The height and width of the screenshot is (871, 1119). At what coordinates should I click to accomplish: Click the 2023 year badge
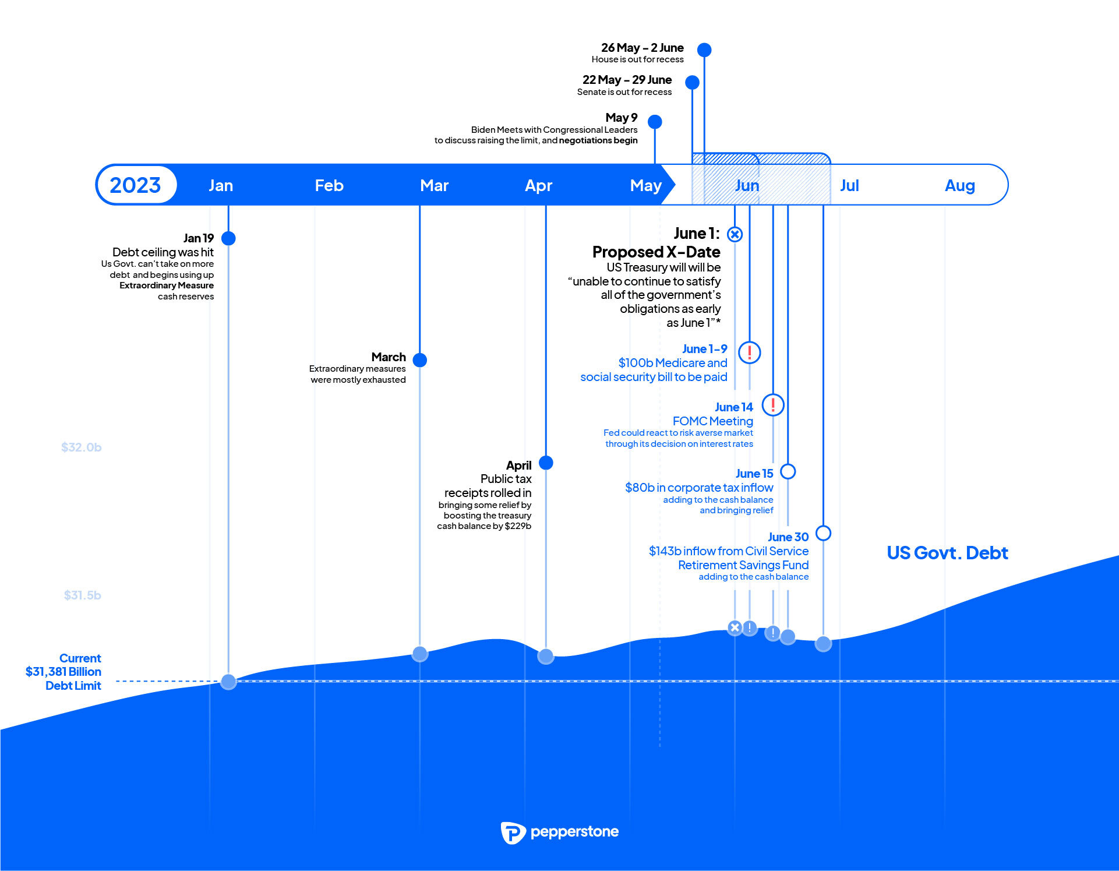tap(136, 185)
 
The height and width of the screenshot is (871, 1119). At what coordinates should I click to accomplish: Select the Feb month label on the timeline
tap(329, 185)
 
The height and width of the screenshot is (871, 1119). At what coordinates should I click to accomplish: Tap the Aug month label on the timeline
tap(960, 186)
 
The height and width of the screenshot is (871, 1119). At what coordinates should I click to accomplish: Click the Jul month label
tap(849, 185)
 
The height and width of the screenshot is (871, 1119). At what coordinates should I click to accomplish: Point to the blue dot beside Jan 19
tap(228, 238)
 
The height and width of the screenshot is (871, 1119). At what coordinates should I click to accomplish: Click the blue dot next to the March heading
tap(419, 359)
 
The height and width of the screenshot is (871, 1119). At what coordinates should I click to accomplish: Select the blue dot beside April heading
tap(546, 463)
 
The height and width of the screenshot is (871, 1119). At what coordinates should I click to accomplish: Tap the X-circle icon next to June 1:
tap(735, 234)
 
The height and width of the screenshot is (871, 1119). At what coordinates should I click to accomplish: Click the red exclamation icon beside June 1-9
tap(750, 352)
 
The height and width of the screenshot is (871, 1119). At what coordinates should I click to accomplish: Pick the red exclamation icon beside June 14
tap(773, 404)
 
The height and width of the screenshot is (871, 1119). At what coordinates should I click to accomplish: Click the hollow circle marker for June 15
tap(788, 471)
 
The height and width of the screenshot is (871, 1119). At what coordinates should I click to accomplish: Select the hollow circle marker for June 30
tap(823, 533)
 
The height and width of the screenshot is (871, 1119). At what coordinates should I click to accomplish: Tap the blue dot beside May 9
tap(655, 122)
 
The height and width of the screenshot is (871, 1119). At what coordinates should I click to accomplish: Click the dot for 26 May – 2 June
tap(704, 50)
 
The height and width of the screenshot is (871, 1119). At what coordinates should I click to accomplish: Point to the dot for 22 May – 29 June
tap(692, 82)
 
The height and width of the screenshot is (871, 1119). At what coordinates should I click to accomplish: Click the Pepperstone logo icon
tap(513, 833)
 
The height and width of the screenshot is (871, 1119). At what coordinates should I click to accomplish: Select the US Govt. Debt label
tap(947, 553)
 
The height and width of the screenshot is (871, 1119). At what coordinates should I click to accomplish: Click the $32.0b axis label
tap(82, 447)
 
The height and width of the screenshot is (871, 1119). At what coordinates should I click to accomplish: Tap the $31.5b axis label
tap(82, 595)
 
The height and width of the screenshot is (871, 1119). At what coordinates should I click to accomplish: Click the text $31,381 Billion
tap(63, 672)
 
